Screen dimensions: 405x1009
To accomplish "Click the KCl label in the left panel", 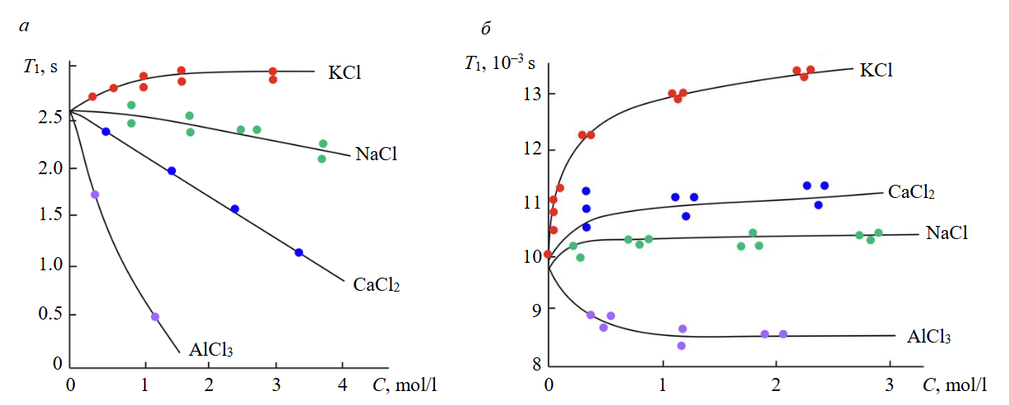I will coord(345,72).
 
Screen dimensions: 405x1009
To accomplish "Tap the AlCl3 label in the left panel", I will coord(211,349).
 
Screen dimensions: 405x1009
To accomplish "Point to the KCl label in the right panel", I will coord(877,70).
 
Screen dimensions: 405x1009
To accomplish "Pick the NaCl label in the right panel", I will coord(947,232).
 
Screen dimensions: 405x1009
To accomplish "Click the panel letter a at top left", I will coord(24,28).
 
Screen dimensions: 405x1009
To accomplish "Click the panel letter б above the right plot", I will coord(486,30).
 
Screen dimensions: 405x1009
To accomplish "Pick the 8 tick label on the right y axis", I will coord(525,362).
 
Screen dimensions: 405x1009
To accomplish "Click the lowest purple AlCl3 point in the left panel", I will coord(155,316).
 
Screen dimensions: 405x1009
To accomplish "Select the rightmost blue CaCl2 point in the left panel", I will coord(299,252).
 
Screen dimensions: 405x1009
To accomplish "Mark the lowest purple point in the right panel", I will coord(681,346).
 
